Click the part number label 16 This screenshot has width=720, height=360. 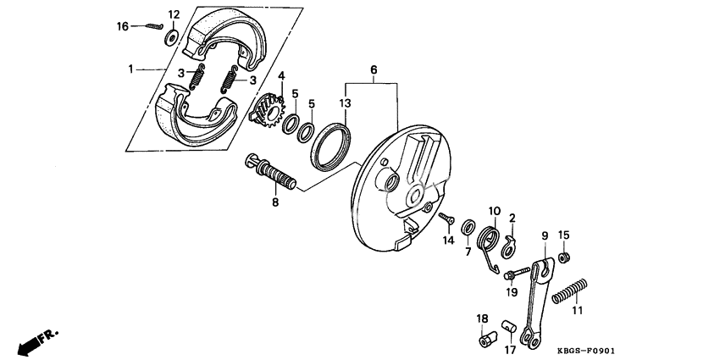123,27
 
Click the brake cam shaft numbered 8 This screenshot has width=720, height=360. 273,174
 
